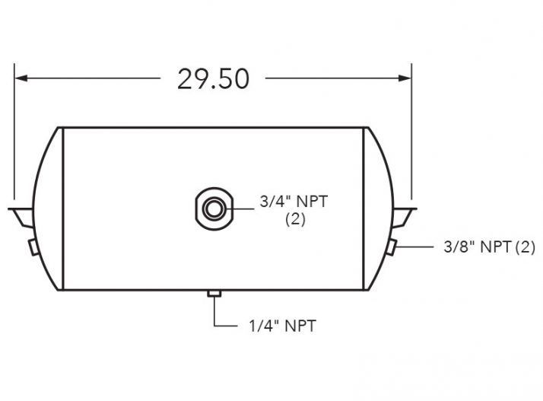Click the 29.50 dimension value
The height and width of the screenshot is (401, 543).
pos(214,78)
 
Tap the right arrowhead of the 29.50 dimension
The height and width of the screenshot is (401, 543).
pos(405,78)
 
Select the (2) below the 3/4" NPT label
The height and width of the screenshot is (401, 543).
pos(295,220)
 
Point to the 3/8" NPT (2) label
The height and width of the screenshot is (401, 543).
pos(489,247)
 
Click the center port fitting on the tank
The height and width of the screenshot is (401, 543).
pos(214,206)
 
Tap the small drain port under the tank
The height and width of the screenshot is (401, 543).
pos(214,294)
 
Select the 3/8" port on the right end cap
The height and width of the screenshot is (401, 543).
pos(389,247)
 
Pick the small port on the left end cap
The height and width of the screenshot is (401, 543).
pos(33,247)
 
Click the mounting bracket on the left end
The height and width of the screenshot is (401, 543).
pos(21,214)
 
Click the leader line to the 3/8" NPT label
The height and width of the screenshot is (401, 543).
pos(414,247)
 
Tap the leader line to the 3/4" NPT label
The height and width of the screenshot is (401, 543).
pos(241,206)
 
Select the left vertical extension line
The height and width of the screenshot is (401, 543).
pos(14,137)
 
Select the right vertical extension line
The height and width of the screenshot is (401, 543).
pos(412,137)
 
